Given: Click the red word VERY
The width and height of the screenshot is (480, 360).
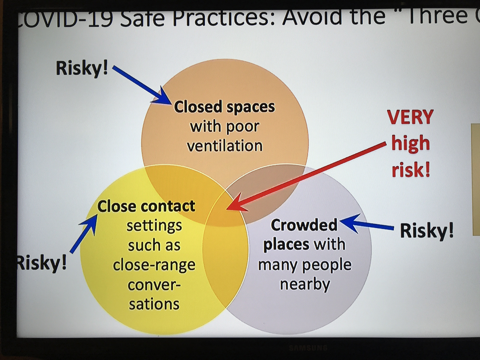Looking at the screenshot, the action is click(x=410, y=117).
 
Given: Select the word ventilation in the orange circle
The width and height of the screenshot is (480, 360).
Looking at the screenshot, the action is click(x=224, y=146).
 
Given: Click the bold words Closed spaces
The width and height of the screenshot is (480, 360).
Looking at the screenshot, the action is click(x=224, y=107).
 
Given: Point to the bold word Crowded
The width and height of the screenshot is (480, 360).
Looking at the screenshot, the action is click(x=304, y=225).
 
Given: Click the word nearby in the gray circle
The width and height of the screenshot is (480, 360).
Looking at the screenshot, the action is click(x=305, y=284).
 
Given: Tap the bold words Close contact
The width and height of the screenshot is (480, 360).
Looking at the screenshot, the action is click(x=146, y=206).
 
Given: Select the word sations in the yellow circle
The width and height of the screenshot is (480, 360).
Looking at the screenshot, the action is click(x=154, y=304).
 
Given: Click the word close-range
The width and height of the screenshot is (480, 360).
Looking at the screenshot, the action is click(x=154, y=265).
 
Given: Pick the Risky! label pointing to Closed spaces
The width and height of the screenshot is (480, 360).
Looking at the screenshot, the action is click(x=82, y=68).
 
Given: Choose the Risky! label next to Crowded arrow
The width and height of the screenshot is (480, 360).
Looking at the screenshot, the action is click(x=427, y=231).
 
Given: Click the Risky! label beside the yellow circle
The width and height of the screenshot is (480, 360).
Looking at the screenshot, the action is click(x=42, y=263).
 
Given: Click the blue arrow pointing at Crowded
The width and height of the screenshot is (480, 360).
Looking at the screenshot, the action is click(x=367, y=224).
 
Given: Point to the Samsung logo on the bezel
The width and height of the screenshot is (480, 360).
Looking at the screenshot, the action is click(x=308, y=348).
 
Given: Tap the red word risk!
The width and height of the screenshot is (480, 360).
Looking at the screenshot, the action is click(x=411, y=170).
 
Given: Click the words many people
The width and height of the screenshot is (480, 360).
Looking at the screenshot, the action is click(x=305, y=265).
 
